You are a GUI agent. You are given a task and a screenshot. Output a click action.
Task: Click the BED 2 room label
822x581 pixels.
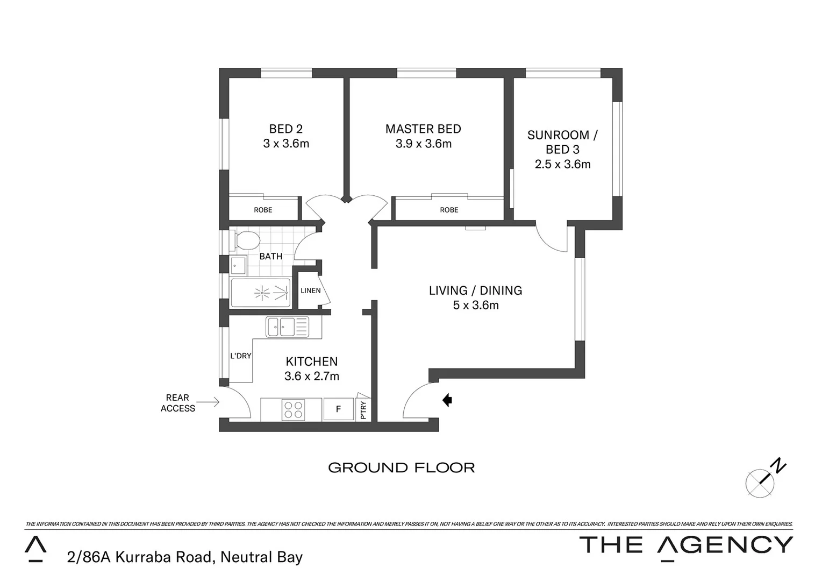(x=285, y=129)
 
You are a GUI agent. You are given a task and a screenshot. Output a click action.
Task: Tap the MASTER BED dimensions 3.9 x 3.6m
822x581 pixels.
(x=423, y=144)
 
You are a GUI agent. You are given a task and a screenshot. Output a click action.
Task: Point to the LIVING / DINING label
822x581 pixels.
(x=475, y=290)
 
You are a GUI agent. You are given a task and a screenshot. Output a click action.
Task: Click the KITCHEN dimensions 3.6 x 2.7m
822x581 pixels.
(x=312, y=376)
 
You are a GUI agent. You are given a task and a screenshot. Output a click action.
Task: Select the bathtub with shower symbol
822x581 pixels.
(x=261, y=293)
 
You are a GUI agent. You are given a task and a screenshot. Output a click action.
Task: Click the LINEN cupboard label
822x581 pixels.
(x=310, y=290)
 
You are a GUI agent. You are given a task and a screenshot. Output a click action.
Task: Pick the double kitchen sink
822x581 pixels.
(x=288, y=327)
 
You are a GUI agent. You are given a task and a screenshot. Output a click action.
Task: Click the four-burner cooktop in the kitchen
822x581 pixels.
(x=293, y=410)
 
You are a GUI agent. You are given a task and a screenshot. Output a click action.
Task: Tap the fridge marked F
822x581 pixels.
(x=338, y=409)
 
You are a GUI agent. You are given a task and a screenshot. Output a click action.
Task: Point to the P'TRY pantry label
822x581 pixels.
(x=363, y=410)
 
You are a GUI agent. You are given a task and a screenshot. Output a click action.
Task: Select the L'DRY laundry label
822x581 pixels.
(x=240, y=356)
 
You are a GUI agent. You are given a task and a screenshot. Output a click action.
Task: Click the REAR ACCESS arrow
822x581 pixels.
(x=208, y=401)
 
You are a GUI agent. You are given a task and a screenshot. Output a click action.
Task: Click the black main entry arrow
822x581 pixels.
(x=447, y=400)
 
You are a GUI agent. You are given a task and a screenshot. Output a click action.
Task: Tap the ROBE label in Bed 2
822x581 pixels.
(x=263, y=210)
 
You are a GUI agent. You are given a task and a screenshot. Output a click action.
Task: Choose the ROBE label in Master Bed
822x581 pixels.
(x=449, y=210)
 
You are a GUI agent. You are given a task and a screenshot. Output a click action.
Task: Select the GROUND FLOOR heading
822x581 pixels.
(x=401, y=467)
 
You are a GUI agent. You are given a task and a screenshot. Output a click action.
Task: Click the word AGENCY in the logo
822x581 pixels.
(x=725, y=545)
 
